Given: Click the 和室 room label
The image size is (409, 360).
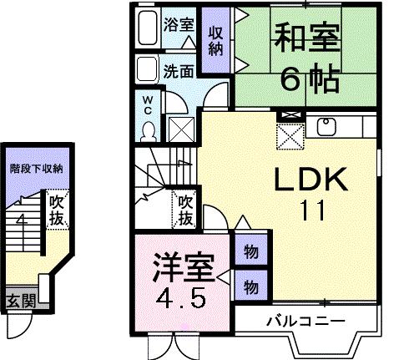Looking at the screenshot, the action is (307, 38).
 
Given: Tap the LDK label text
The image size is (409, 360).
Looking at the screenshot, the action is (311, 179).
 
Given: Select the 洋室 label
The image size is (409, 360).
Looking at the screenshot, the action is (184, 267).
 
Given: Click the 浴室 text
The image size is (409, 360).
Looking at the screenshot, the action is (179, 24).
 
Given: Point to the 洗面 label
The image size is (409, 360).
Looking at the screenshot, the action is (179, 71).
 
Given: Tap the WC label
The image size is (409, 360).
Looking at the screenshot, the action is (148, 105).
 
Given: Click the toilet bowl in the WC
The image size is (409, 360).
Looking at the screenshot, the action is (148, 131).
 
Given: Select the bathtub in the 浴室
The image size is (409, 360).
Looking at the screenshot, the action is (148, 28).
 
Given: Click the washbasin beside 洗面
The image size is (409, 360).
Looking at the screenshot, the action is (147, 69).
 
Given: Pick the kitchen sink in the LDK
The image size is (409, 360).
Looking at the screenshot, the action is (326, 127).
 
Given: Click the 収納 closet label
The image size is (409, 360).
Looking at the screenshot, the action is (216, 41).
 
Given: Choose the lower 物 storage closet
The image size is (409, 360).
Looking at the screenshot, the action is (251, 286).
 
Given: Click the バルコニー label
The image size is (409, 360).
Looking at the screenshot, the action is (306, 322).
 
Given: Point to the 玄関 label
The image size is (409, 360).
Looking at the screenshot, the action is (22, 301).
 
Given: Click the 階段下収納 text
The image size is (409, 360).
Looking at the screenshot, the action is (37, 169).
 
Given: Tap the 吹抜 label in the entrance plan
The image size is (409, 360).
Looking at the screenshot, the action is (57, 210).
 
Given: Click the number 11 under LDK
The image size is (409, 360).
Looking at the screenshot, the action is (312, 210).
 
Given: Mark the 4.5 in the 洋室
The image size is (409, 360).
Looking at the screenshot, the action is (181, 298).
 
